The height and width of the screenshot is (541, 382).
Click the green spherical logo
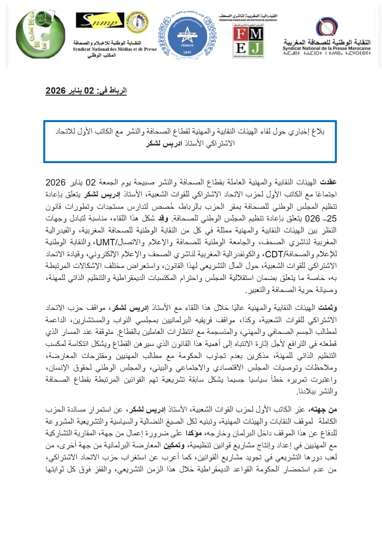pos(40,34)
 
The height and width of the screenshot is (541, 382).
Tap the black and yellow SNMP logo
pos(100,20)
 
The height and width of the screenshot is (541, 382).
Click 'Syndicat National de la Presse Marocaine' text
pos(327,48)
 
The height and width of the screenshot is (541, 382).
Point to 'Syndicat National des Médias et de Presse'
pos(115,49)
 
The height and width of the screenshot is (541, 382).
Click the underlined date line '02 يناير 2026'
pos(86,91)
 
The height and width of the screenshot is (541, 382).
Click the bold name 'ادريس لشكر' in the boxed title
pos(164,143)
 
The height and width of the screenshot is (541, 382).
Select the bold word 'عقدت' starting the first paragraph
pos(328,182)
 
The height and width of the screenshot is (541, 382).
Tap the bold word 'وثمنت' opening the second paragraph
pos(327,308)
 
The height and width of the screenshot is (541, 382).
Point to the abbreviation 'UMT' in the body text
pos(106,242)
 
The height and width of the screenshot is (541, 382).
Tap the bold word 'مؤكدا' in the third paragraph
pos(193,433)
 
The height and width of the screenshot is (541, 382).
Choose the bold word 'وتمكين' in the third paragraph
pos(174,445)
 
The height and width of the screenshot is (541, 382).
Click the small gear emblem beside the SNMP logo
pos(137,21)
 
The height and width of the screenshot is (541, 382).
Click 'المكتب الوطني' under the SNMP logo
pos(102,55)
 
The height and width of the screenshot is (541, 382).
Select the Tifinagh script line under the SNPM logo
pos(327,53)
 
